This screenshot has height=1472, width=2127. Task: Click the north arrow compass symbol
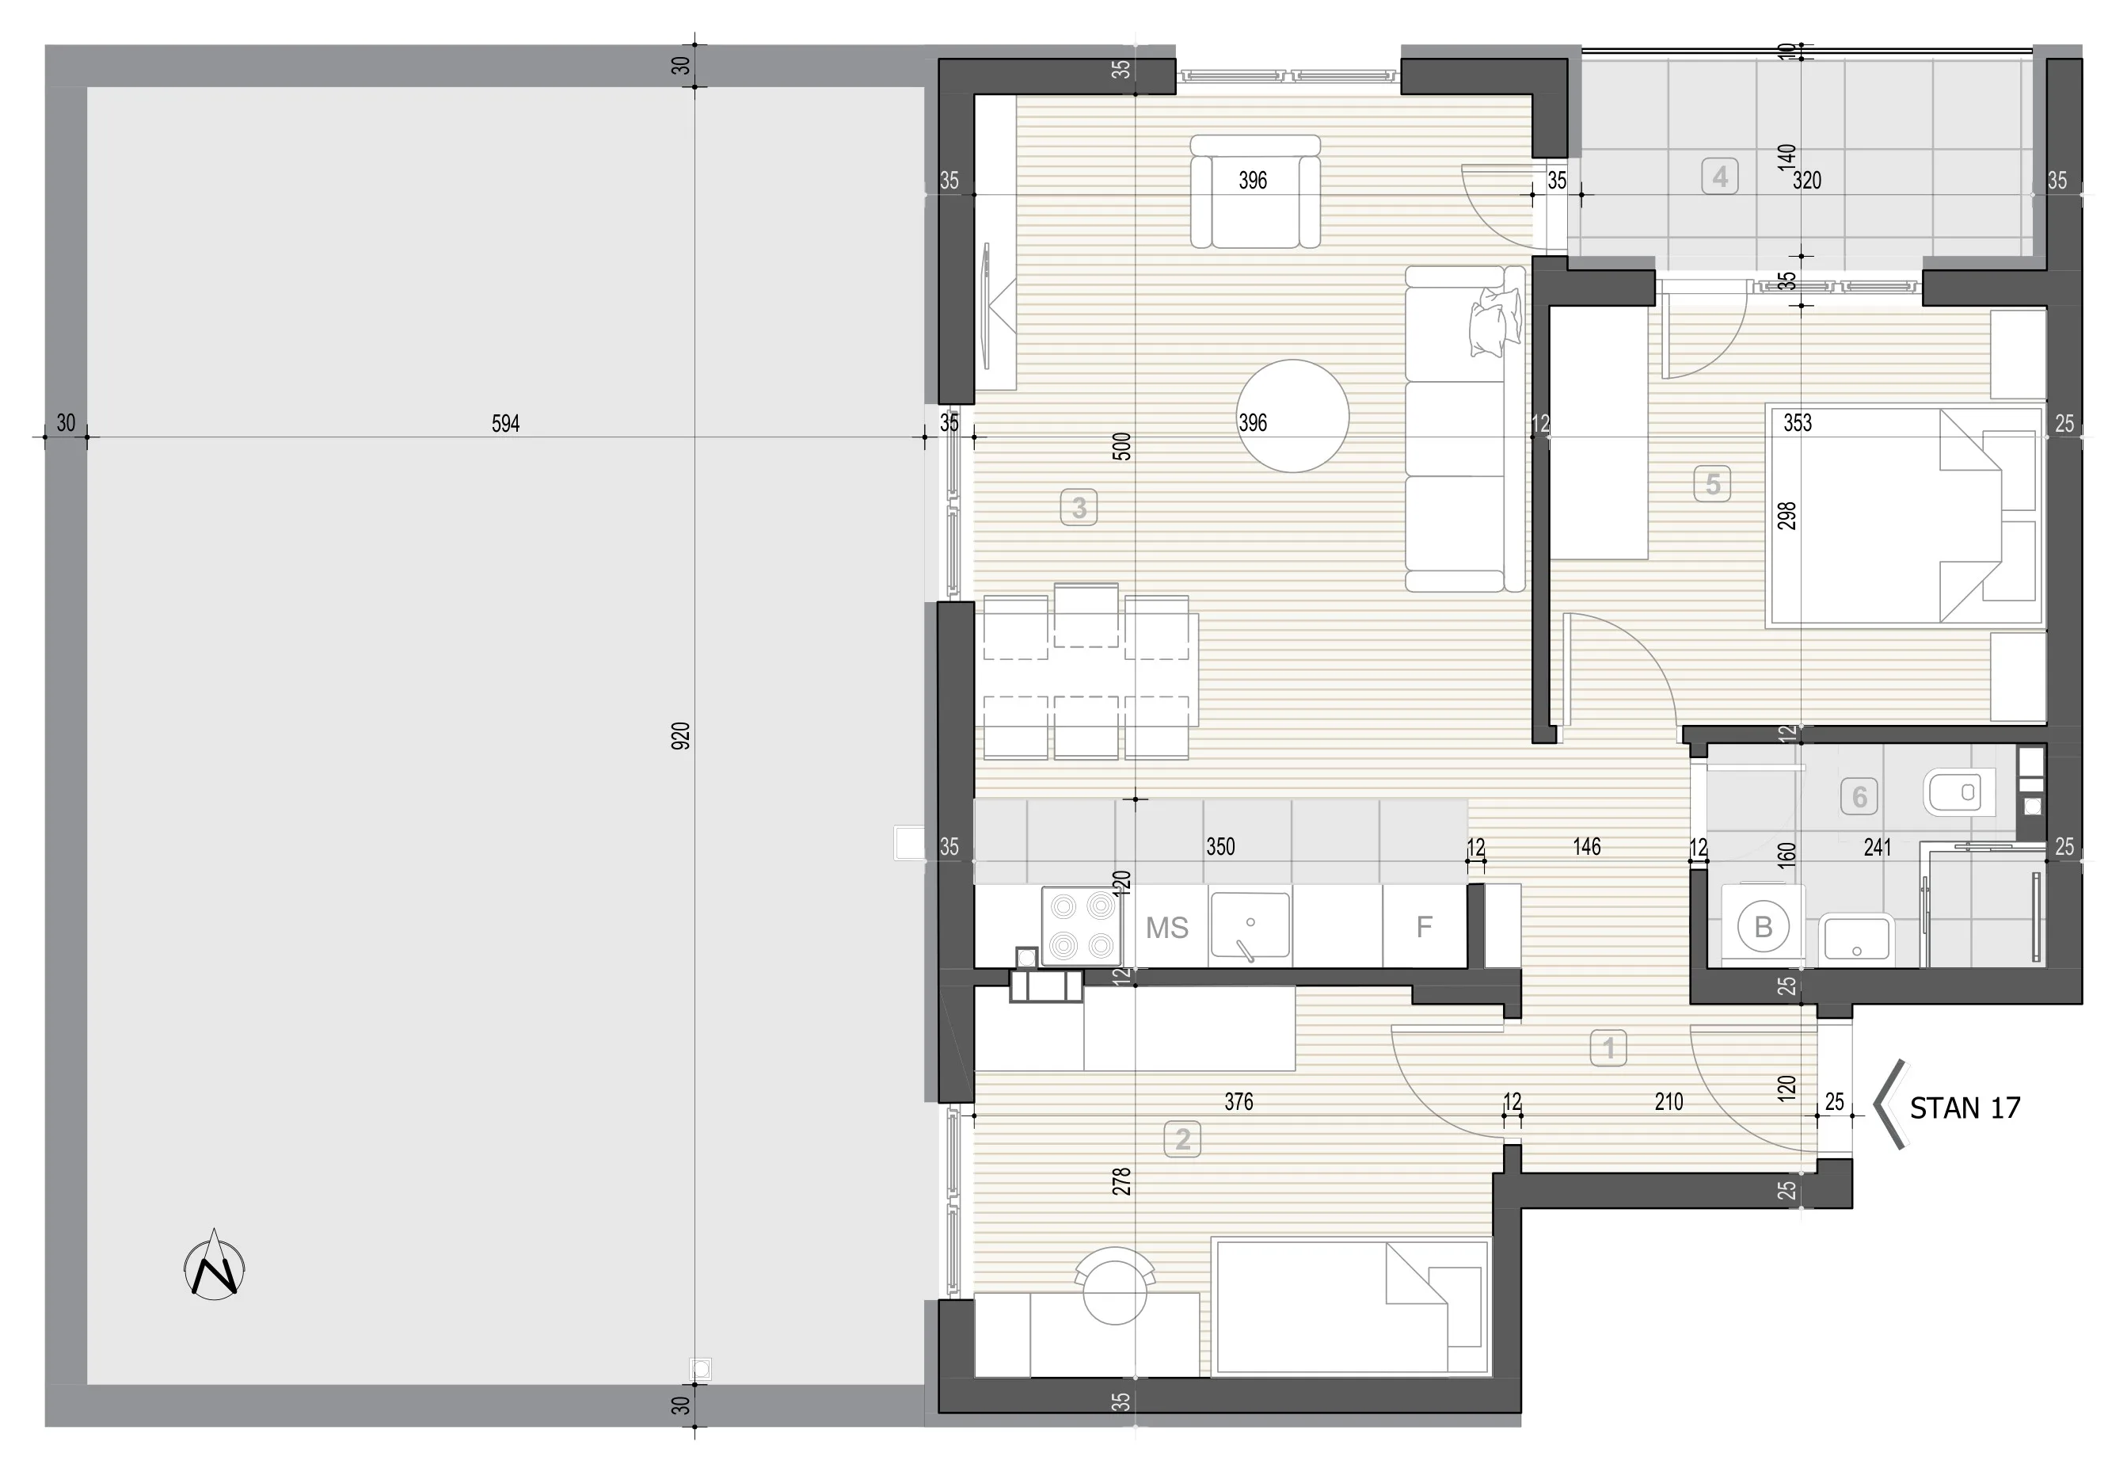(215, 1265)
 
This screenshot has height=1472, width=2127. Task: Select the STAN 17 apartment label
(1965, 1108)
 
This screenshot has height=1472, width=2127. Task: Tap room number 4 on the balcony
(1719, 176)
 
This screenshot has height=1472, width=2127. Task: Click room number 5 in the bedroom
(1712, 483)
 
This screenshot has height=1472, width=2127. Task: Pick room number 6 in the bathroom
(1859, 796)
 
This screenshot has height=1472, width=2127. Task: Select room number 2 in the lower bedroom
(1183, 1139)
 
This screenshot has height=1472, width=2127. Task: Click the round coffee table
(1292, 416)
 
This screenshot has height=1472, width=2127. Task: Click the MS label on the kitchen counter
(1167, 928)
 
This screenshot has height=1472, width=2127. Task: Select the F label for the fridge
(1424, 927)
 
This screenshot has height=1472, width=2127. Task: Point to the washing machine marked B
(1763, 926)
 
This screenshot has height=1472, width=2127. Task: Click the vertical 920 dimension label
(680, 735)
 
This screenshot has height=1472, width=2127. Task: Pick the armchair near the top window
(1255, 191)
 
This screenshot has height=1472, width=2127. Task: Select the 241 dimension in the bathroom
(1877, 847)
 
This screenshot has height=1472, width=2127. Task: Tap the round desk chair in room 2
(1115, 1287)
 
